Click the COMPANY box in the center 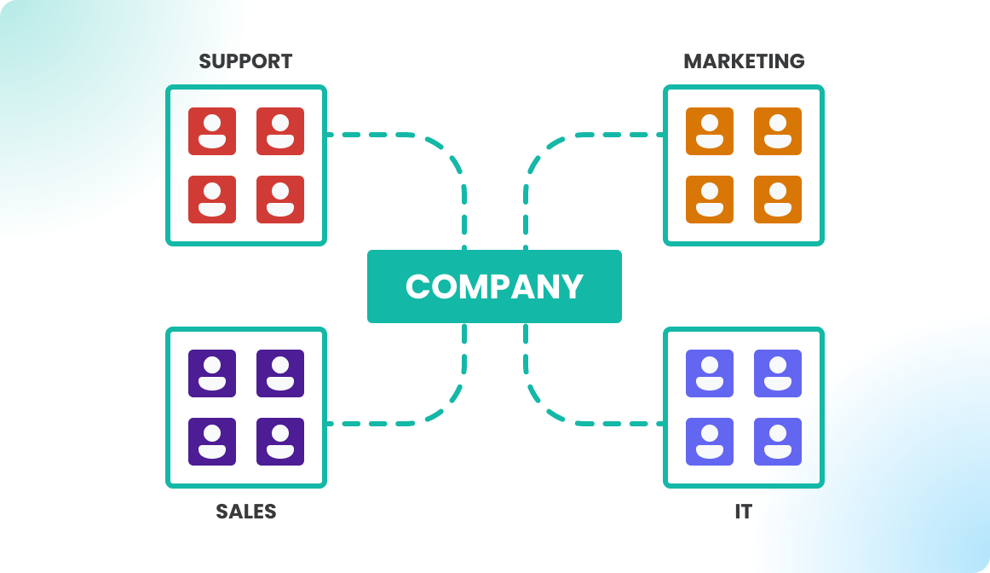[x=494, y=286]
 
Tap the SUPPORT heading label [x=245, y=61]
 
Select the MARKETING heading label [x=744, y=61]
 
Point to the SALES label [x=245, y=512]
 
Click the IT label [x=744, y=512]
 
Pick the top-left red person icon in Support [x=212, y=131]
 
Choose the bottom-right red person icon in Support [x=280, y=200]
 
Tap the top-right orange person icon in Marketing [x=778, y=131]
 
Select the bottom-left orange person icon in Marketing [x=710, y=200]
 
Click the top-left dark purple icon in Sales [x=212, y=373]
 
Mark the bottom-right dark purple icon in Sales [x=280, y=442]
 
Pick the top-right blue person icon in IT [x=778, y=373]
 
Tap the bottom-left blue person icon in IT [x=710, y=442]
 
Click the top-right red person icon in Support [x=280, y=131]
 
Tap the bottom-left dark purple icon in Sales [x=212, y=442]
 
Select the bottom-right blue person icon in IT [x=778, y=442]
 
